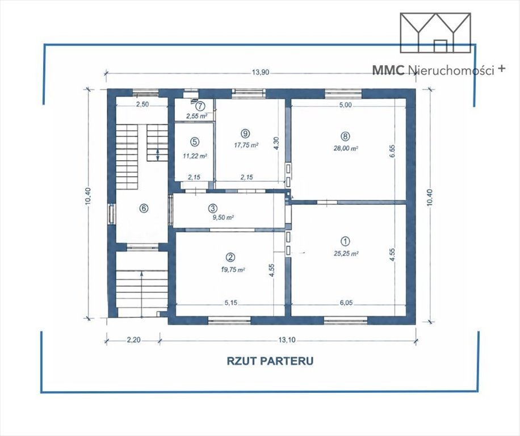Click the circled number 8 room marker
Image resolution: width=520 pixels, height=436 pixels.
tap(345, 136)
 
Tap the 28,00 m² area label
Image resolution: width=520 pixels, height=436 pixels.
tap(346, 148)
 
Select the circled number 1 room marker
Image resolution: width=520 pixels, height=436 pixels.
tap(345, 241)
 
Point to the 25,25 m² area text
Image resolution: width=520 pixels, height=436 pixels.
tap(346, 254)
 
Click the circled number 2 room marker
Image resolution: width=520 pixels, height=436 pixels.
tap(230, 257)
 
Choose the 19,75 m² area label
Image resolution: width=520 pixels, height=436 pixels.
tap(233, 270)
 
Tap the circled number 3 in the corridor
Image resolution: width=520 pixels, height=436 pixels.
tap(212, 208)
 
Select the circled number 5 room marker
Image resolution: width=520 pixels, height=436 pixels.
tap(194, 141)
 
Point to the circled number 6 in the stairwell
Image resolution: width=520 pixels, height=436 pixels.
tap(144, 208)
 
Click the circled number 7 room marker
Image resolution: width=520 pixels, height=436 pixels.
tap(200, 106)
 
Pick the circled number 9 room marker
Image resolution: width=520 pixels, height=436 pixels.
tap(246, 133)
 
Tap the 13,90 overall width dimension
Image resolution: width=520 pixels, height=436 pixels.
tap(261, 73)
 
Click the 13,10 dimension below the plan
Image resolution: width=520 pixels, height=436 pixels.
tap(287, 340)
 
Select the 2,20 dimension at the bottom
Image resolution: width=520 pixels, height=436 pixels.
tap(133, 340)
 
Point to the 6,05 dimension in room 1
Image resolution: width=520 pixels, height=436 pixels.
tap(346, 303)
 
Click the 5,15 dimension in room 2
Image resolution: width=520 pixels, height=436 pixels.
tap(231, 303)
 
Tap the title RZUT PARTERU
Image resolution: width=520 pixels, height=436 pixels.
tap(270, 360)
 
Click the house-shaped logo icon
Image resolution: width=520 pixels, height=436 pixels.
tap(435, 32)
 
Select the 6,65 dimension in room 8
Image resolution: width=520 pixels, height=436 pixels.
tap(393, 150)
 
